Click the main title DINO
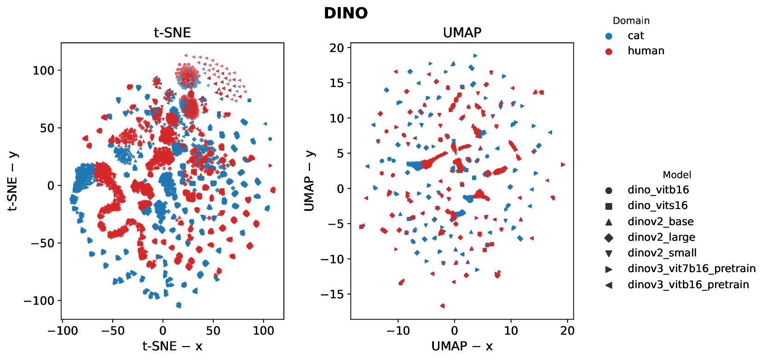coord(346,13)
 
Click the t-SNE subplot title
coord(172,33)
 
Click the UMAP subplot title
coord(462,33)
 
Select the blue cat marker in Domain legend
coord(609,36)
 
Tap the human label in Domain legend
coord(646,51)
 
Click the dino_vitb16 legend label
coord(658,190)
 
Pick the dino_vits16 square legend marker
coord(609,206)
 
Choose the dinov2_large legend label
coord(661,238)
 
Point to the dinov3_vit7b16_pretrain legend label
coord(692,269)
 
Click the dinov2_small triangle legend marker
coord(609,254)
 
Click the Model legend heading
coord(676,175)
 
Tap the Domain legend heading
coord(631,21)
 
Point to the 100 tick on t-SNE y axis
coord(43,70)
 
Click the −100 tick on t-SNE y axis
coord(39,301)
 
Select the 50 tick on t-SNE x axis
coord(213,331)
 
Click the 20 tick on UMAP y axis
coord(336,48)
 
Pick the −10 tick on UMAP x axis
coord(398,331)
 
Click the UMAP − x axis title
coord(462,346)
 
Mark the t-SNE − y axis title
coord(12,181)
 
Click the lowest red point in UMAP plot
coord(443,306)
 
